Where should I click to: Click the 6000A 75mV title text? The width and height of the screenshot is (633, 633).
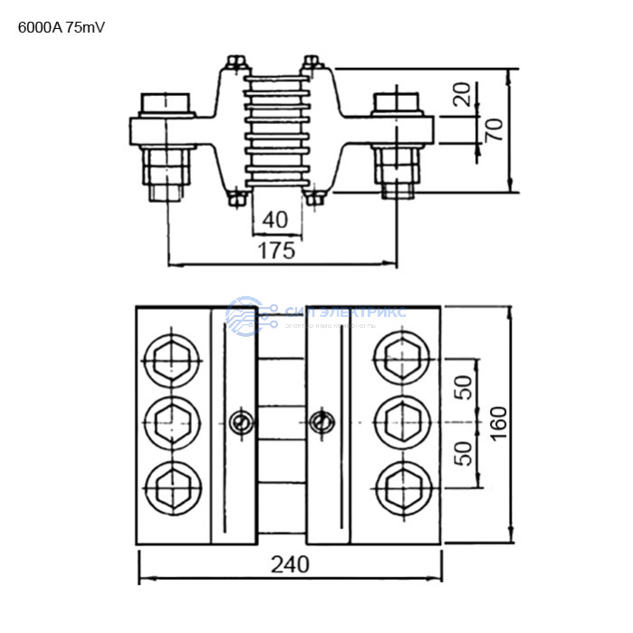tap(62, 27)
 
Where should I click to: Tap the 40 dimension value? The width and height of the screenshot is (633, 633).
tap(276, 218)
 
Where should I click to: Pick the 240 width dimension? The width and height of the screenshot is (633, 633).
tap(290, 564)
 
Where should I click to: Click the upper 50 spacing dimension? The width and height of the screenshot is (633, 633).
tap(463, 388)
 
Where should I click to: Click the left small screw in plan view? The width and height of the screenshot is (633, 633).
tap(240, 422)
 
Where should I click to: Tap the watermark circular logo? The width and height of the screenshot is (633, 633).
tap(244, 316)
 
